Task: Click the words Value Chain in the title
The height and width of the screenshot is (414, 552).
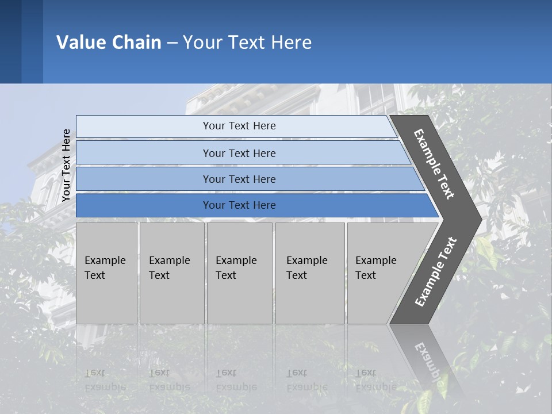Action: click(x=109, y=42)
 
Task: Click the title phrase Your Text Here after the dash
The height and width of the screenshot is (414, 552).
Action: click(x=247, y=42)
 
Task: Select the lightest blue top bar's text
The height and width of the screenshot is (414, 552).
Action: click(x=239, y=126)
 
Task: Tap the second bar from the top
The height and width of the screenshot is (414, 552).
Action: click(x=239, y=153)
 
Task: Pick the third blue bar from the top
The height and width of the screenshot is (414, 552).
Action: click(x=239, y=179)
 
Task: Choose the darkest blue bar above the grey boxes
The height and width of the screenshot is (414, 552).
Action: click(x=239, y=205)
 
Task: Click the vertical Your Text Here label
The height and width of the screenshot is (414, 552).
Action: click(x=66, y=166)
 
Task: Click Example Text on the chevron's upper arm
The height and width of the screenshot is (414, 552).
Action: click(x=434, y=164)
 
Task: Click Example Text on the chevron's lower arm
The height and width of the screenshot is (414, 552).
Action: click(x=436, y=272)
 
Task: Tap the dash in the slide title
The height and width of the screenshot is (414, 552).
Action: click(x=172, y=43)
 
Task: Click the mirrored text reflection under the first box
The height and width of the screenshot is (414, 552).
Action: click(x=105, y=380)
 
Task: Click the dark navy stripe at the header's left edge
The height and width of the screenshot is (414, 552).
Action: click(x=10, y=41)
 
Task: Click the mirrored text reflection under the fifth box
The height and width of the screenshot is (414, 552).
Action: click(x=376, y=380)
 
